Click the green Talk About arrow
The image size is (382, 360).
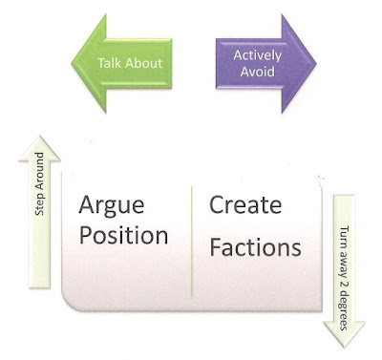[x=121, y=63]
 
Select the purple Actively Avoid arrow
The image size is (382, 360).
[x=266, y=63]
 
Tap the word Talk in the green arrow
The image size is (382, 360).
[x=107, y=63]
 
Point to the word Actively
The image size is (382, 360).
[x=257, y=56]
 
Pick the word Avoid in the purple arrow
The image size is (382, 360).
[x=258, y=72]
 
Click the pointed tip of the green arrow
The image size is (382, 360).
[x=72, y=63]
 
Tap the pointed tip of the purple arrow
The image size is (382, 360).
[x=316, y=63]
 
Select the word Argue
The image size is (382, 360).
[x=112, y=206]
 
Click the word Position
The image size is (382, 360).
[x=123, y=236]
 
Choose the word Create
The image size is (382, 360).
[x=245, y=204]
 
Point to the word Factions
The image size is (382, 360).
[x=255, y=247]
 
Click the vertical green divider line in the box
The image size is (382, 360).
[x=192, y=242]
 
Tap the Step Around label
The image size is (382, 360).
[x=39, y=183]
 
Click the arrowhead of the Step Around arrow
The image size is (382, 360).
[x=39, y=148]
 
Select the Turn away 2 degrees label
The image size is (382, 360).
[x=343, y=278]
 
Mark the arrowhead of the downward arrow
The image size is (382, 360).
[x=344, y=334]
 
